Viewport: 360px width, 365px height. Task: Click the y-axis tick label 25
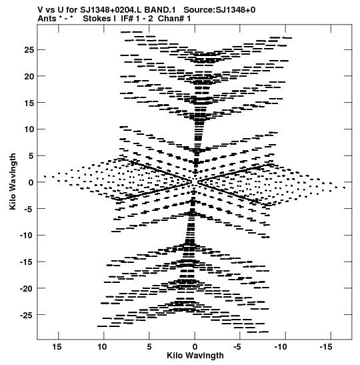click(29, 50)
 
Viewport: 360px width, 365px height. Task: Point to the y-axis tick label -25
click(27, 315)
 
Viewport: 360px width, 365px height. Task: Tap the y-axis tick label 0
click(31, 183)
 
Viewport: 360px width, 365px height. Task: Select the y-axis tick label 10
click(29, 129)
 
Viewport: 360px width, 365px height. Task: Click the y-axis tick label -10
click(27, 236)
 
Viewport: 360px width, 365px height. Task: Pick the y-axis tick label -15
click(27, 262)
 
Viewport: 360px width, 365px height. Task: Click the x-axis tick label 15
click(57, 347)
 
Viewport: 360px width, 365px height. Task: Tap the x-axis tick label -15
click(325, 347)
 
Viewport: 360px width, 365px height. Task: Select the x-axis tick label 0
click(195, 347)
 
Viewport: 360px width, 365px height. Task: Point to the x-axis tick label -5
click(237, 347)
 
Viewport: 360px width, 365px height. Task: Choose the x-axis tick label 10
click(102, 347)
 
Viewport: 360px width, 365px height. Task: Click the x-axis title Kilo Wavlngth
click(195, 356)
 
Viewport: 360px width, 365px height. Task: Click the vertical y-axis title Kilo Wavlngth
click(13, 181)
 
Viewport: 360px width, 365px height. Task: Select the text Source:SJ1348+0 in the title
click(219, 10)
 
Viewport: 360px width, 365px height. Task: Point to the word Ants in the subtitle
click(47, 19)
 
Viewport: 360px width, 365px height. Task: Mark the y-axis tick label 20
click(29, 76)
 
